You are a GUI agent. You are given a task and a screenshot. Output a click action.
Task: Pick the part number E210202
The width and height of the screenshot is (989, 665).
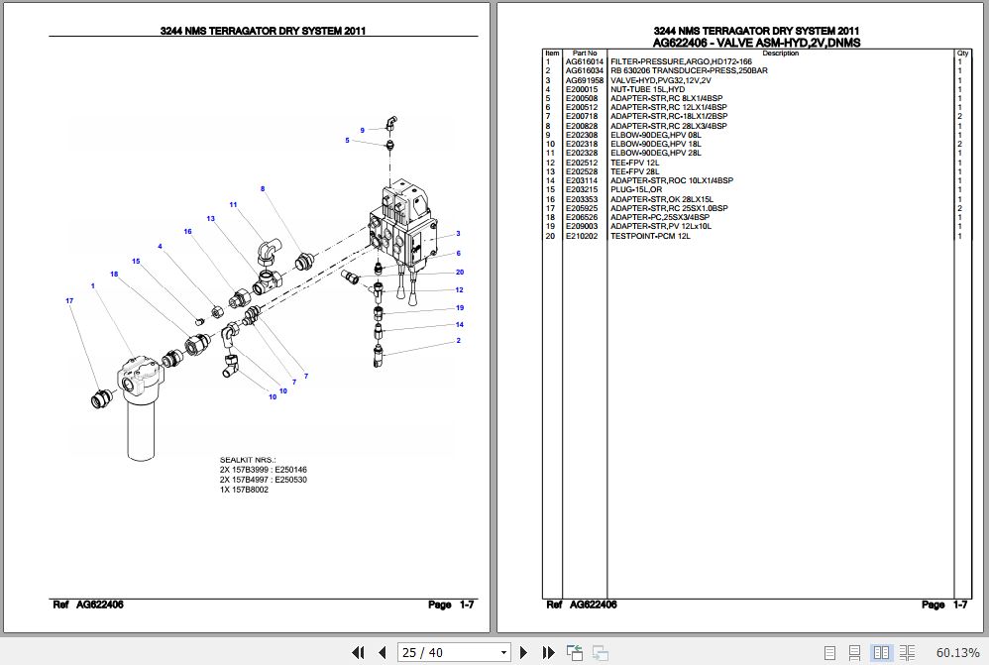coord(581,236)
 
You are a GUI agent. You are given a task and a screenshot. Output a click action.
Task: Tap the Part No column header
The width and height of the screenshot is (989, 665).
coord(585,54)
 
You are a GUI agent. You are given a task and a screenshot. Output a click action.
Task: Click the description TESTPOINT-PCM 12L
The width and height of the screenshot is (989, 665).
coord(649,236)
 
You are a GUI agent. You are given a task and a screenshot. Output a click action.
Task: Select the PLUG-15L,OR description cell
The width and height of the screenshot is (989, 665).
coord(636,190)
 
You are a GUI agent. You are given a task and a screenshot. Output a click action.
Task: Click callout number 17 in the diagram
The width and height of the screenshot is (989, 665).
coord(69,300)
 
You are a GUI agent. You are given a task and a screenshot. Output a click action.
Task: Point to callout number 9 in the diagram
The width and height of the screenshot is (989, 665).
coord(362,131)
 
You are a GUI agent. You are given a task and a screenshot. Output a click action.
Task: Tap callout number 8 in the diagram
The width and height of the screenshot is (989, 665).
coord(263,188)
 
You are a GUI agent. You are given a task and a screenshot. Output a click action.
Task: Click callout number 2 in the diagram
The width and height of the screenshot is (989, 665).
coord(458,341)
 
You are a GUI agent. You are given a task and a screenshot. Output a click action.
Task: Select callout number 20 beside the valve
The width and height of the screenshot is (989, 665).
coord(459,273)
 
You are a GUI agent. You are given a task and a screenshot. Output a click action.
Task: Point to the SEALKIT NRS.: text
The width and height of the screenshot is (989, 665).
coord(248,461)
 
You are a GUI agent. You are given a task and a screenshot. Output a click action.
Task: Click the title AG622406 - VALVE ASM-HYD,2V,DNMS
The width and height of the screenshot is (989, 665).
coord(756,44)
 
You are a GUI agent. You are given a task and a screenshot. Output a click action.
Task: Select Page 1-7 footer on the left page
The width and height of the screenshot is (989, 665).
coord(451,605)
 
